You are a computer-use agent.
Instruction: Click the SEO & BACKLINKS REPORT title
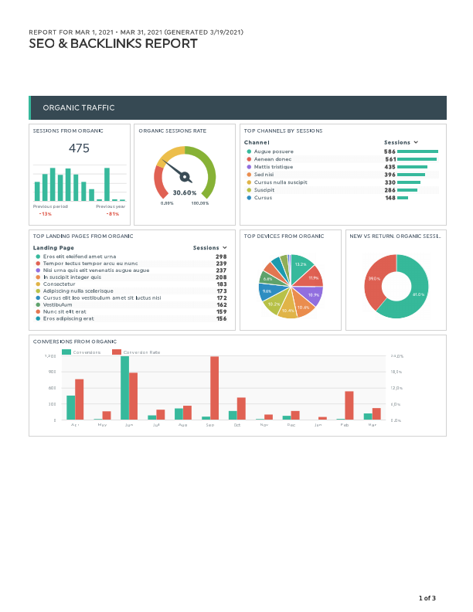click(113, 44)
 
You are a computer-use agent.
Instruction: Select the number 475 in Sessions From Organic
click(79, 148)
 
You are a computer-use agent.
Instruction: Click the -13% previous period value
click(46, 213)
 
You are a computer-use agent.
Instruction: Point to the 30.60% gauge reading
click(184, 192)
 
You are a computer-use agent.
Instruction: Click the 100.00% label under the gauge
click(200, 203)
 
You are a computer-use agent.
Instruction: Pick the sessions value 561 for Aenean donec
click(390, 159)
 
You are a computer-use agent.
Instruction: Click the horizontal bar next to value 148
click(403, 198)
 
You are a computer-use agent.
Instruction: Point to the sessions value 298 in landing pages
click(221, 256)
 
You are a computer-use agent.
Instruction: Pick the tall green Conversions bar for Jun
click(124, 387)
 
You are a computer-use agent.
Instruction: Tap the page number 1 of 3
click(427, 597)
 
